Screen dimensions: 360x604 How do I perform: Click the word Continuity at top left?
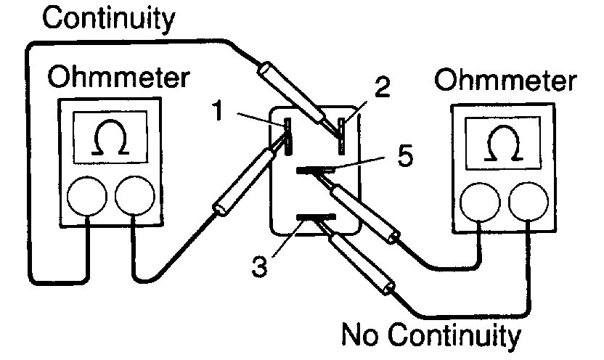pos(109,18)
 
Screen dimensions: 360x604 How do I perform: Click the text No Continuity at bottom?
pos(431,336)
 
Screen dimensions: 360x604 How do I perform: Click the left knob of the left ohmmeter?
pos(87,195)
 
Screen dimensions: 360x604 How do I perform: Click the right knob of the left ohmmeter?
pos(134,195)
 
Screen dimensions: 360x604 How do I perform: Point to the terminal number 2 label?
pos(383,89)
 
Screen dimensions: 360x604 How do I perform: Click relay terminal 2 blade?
pos(342,135)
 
